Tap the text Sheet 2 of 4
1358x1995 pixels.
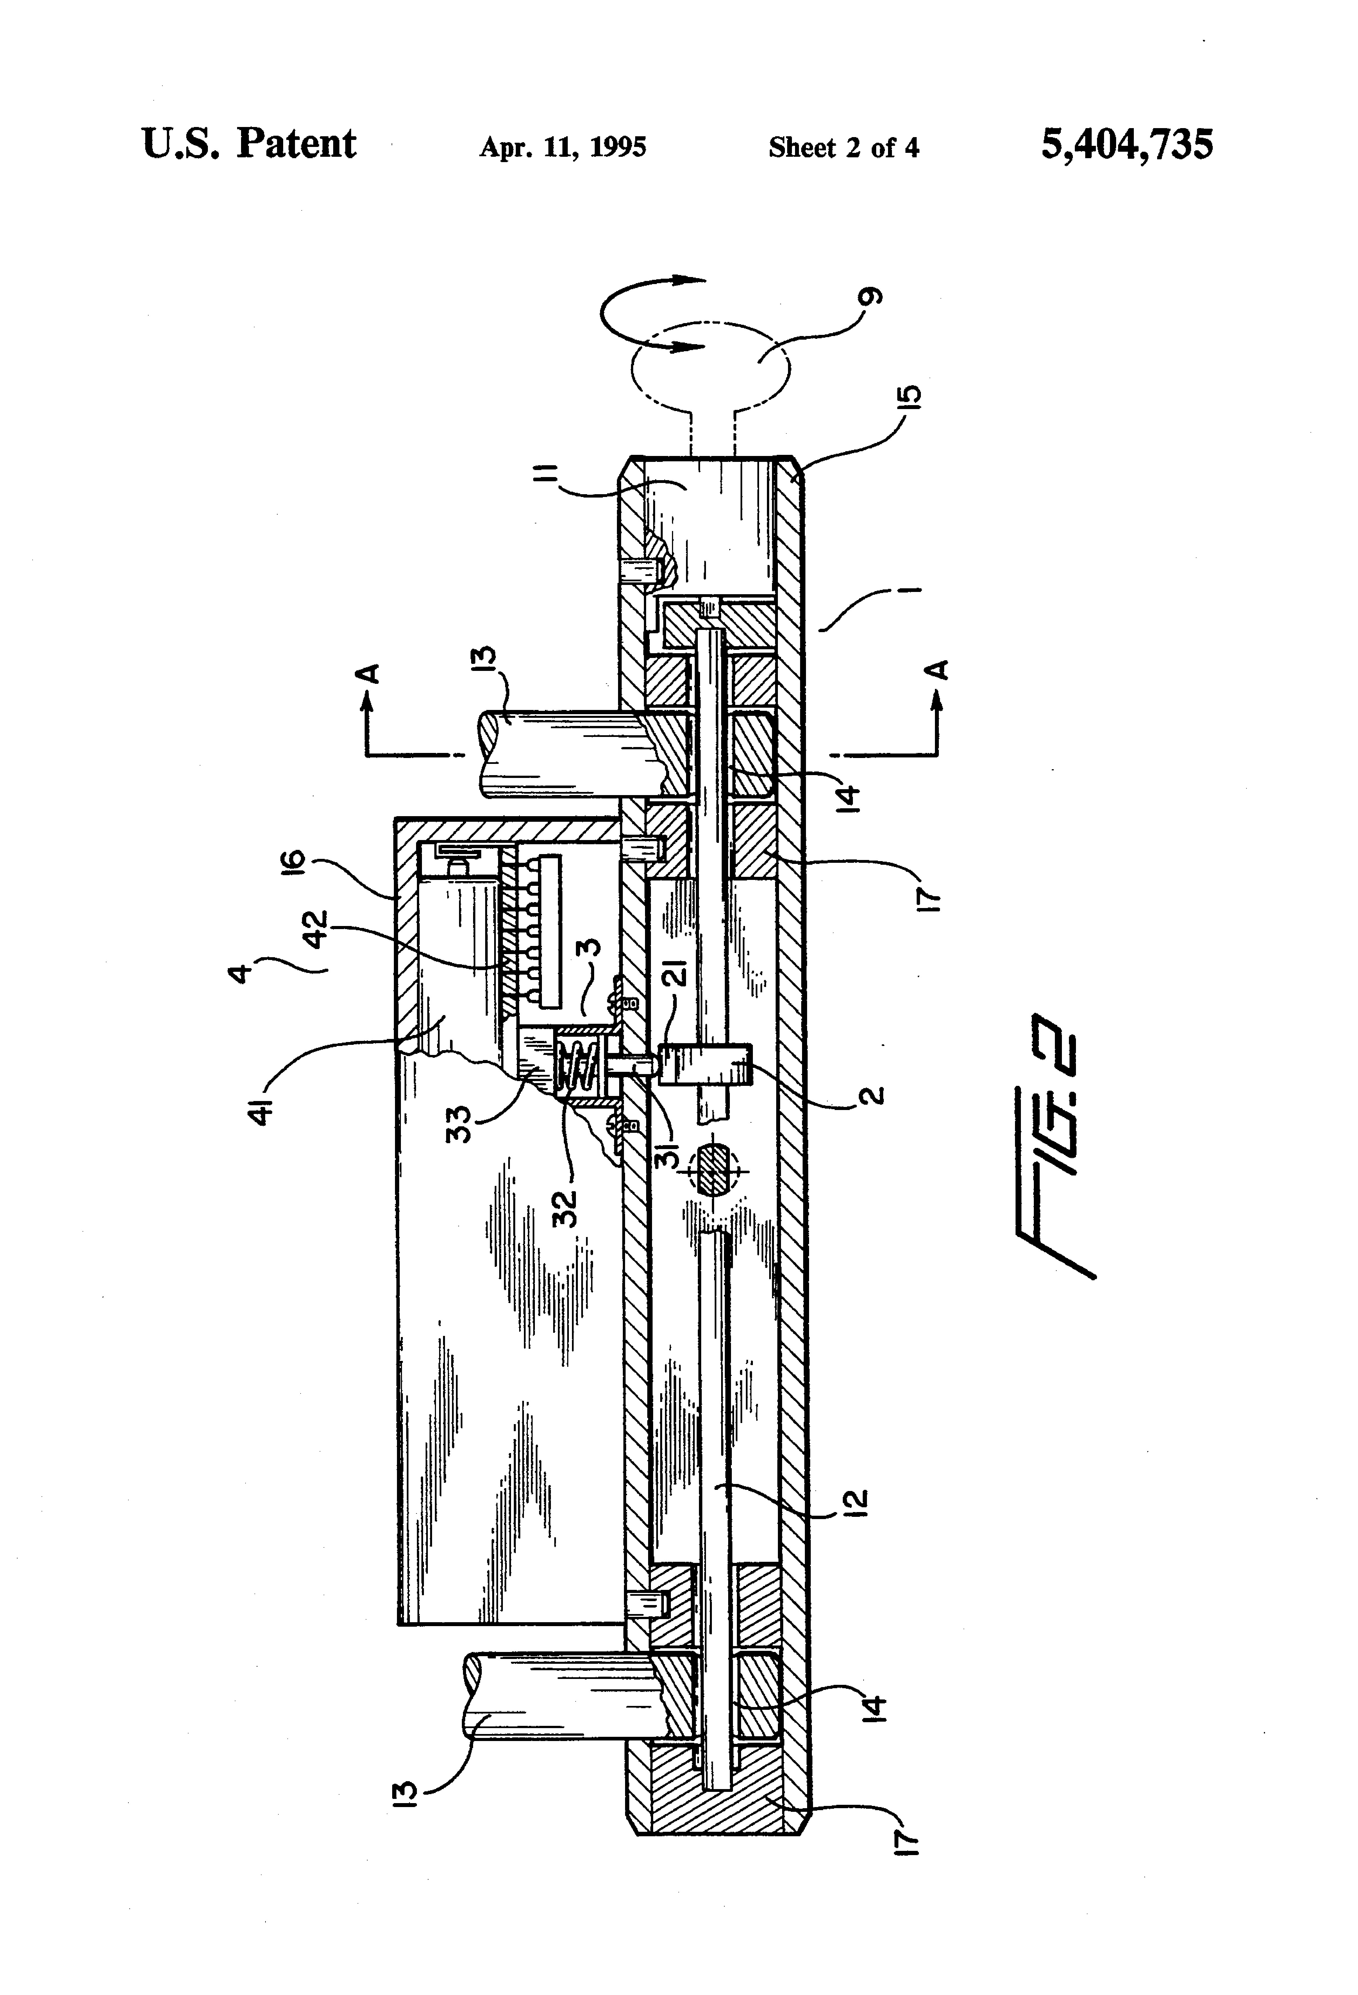coord(844,148)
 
